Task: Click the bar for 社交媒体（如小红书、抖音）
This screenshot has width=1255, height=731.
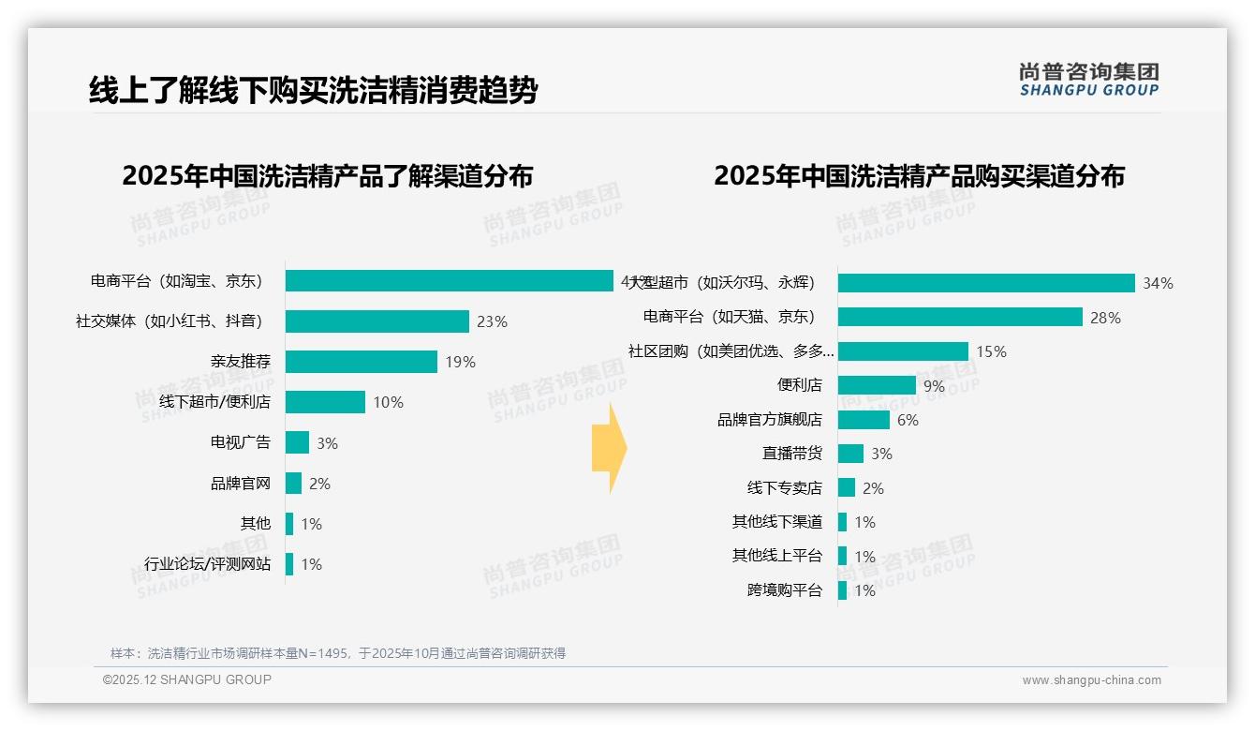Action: pyautogui.click(x=376, y=321)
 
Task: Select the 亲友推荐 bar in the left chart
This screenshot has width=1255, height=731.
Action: pyautogui.click(x=361, y=362)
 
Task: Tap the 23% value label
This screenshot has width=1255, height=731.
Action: pyautogui.click(x=492, y=321)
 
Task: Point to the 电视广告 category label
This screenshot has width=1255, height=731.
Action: pyautogui.click(x=240, y=443)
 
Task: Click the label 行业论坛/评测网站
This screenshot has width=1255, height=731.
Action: pyautogui.click(x=207, y=564)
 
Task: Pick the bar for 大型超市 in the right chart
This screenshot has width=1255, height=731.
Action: pyautogui.click(x=985, y=283)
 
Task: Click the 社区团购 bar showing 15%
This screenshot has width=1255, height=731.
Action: pyautogui.click(x=903, y=351)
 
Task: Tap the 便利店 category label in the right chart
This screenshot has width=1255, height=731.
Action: pyautogui.click(x=799, y=385)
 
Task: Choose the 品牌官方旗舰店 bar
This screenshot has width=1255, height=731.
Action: pyautogui.click(x=864, y=420)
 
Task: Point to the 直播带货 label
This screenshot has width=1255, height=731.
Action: pyautogui.click(x=791, y=454)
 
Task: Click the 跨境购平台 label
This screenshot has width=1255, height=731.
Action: pyautogui.click(x=784, y=590)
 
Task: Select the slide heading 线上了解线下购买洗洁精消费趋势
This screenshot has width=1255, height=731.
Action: pyautogui.click(x=313, y=91)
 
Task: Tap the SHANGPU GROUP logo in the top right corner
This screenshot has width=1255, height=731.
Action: pyautogui.click(x=1088, y=80)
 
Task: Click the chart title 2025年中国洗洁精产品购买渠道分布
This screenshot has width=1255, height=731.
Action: pyautogui.click(x=919, y=176)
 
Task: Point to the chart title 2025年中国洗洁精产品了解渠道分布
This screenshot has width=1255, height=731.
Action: pyautogui.click(x=327, y=176)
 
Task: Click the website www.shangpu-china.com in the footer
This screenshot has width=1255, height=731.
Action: pyautogui.click(x=1091, y=680)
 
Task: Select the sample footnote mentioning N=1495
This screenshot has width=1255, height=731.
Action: pyautogui.click(x=338, y=653)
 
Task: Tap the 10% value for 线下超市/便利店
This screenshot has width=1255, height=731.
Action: pyautogui.click(x=388, y=402)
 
